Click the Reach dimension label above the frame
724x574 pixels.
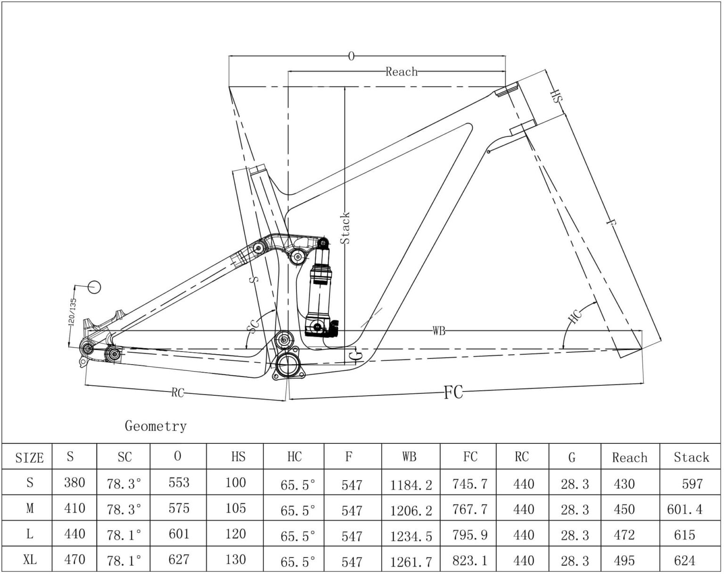[x=401, y=72]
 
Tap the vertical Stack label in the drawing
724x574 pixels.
[x=345, y=228]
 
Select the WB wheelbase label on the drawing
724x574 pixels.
[x=438, y=331]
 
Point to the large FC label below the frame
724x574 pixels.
[x=453, y=392]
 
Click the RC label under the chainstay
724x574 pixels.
[x=177, y=393]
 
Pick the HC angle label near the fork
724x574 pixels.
[x=575, y=316]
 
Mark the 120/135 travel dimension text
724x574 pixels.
[x=72, y=312]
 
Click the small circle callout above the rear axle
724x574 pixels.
[x=95, y=286]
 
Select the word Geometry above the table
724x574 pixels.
[x=156, y=426]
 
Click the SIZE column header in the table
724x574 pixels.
[x=29, y=458]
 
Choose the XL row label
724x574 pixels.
[x=29, y=560]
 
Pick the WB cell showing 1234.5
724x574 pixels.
[x=411, y=536]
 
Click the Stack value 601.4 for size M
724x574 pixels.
[x=684, y=509]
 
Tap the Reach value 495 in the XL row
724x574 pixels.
[x=624, y=560]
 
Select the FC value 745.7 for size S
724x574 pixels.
[x=469, y=484]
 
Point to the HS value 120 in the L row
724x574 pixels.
[x=236, y=534]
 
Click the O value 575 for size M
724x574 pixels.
[x=179, y=508]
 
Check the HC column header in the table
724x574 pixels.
[x=294, y=457]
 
